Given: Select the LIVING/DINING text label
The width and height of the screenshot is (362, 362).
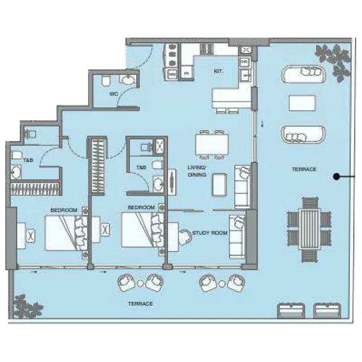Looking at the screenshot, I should point(197,171).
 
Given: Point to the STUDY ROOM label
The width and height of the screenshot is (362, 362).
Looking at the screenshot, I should point(210,233).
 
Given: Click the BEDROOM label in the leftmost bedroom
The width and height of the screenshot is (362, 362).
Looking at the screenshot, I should point(64,210).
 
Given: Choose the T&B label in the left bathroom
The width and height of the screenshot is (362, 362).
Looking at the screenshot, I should point(28,160).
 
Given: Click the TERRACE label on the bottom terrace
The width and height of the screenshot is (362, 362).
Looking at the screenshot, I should point(140,304).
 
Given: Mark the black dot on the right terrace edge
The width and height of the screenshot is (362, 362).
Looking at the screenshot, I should point(336,176).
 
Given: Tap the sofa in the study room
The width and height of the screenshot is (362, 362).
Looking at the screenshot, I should point(237,237).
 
